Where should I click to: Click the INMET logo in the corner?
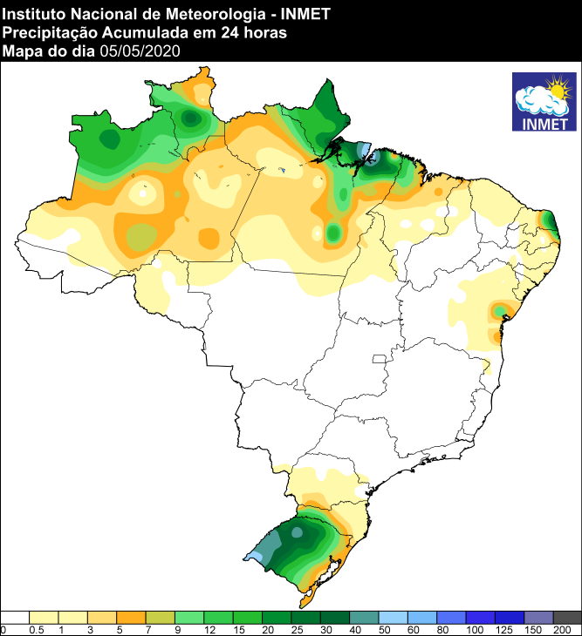544,102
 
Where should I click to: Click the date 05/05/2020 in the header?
140,51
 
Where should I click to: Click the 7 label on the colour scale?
147,629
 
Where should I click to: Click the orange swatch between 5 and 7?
131,617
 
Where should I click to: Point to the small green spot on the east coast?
499,309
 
